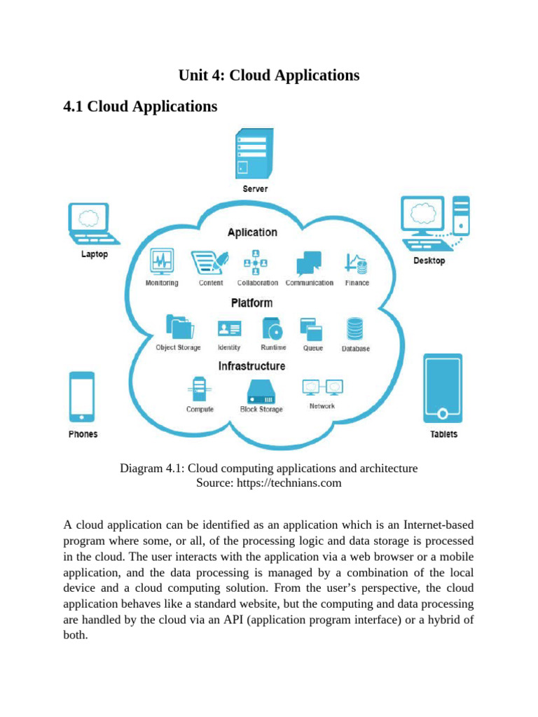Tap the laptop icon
[88, 223]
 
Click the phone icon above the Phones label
[82, 397]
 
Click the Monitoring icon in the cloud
[162, 263]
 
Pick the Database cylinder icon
[355, 329]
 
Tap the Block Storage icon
[261, 391]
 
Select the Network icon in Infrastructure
[322, 387]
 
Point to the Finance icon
[357, 263]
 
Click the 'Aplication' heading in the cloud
[251, 232]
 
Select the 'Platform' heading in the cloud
[251, 303]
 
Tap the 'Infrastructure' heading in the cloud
[251, 366]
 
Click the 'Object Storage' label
[178, 348]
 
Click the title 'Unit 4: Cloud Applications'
[269, 75]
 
